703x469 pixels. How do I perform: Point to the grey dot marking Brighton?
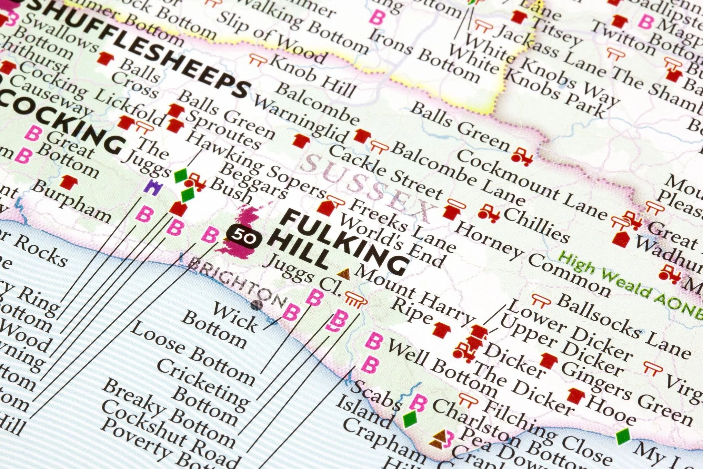(x=256, y=305)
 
